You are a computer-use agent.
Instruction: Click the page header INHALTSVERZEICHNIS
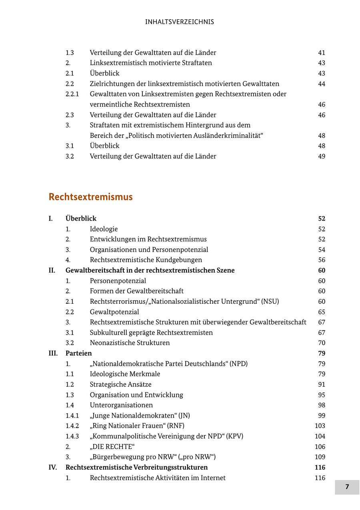pos(180,22)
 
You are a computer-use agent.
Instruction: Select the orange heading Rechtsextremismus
pos(90,197)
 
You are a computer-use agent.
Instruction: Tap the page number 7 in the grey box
pos(347,487)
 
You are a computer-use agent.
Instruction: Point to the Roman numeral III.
pos(53,353)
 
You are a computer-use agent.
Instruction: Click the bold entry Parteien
pos(78,353)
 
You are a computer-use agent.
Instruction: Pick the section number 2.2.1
pos(72,94)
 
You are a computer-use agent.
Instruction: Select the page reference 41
pos(322,53)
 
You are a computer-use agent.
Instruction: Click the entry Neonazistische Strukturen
pos(130,343)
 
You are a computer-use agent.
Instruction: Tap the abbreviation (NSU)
pos(270,301)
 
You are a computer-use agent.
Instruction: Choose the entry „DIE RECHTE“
pos(112,447)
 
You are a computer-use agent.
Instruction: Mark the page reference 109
pos(320,457)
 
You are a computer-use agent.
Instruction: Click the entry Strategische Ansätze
pos(120,384)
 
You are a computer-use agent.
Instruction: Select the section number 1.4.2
pos(72,426)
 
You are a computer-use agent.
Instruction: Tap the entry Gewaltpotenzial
pos(114,312)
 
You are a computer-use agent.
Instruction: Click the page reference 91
pos(322,384)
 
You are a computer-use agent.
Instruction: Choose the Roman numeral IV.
pos(53,468)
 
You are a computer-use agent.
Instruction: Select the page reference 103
pos(320,426)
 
